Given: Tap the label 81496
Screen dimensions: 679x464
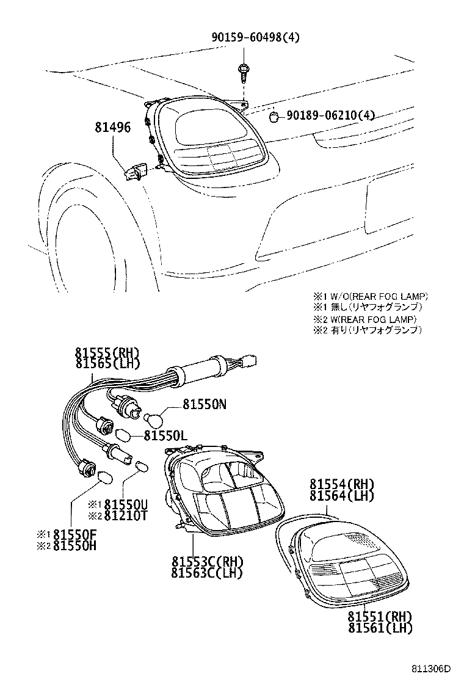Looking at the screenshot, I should [x=112, y=129].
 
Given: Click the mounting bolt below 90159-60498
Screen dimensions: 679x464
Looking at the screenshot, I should [x=243, y=73].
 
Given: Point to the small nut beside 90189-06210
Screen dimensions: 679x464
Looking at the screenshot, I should [x=275, y=115].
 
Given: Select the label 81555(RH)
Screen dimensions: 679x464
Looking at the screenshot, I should [x=107, y=353].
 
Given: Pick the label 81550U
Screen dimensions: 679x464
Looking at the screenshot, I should [x=126, y=504].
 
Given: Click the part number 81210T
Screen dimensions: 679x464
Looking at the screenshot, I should [x=126, y=515].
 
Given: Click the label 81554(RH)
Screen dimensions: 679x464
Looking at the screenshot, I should [x=341, y=485].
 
